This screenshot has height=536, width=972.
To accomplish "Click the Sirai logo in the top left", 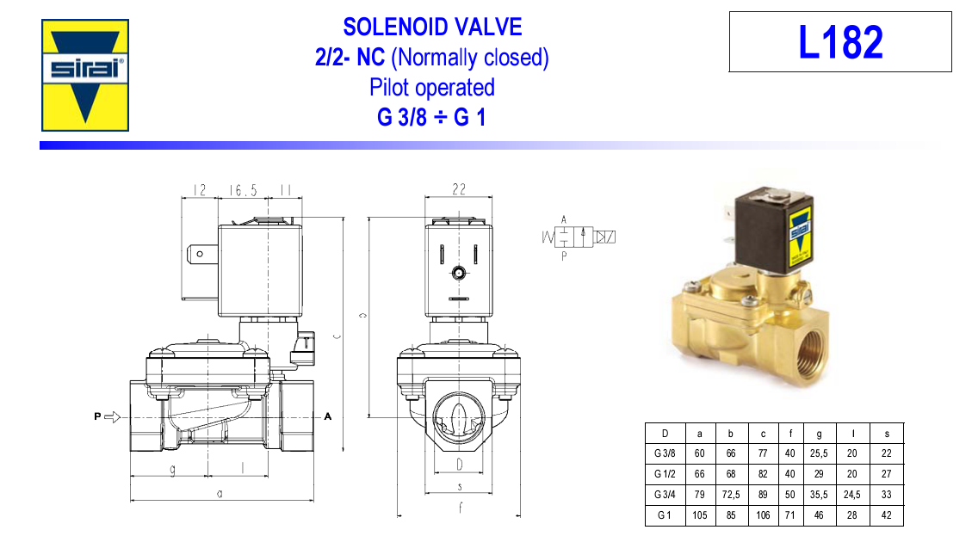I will coord(85,75).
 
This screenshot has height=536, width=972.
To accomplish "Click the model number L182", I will coord(839,42).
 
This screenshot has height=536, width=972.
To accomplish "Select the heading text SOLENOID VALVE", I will coord(432,27).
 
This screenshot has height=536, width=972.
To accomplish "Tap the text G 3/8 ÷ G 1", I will coord(431,117).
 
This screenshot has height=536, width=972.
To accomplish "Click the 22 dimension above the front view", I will coord(459,189).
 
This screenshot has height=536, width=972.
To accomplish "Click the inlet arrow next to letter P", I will coord(112,417).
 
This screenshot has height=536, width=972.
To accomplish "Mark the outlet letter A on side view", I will coord(327,417).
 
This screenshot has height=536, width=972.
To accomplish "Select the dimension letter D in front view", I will coord(459,465).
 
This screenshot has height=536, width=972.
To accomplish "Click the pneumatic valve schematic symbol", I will coord(579,237).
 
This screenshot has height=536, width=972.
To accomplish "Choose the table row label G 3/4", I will coord(665,495).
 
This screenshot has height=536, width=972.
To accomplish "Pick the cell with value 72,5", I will coord(731,495).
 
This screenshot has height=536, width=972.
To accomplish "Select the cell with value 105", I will coord(699,515).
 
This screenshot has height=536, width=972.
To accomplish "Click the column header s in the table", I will coord(887,433).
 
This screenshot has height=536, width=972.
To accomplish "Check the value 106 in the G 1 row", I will coord(763,515).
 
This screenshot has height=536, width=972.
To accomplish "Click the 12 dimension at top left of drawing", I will coord(200,189).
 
